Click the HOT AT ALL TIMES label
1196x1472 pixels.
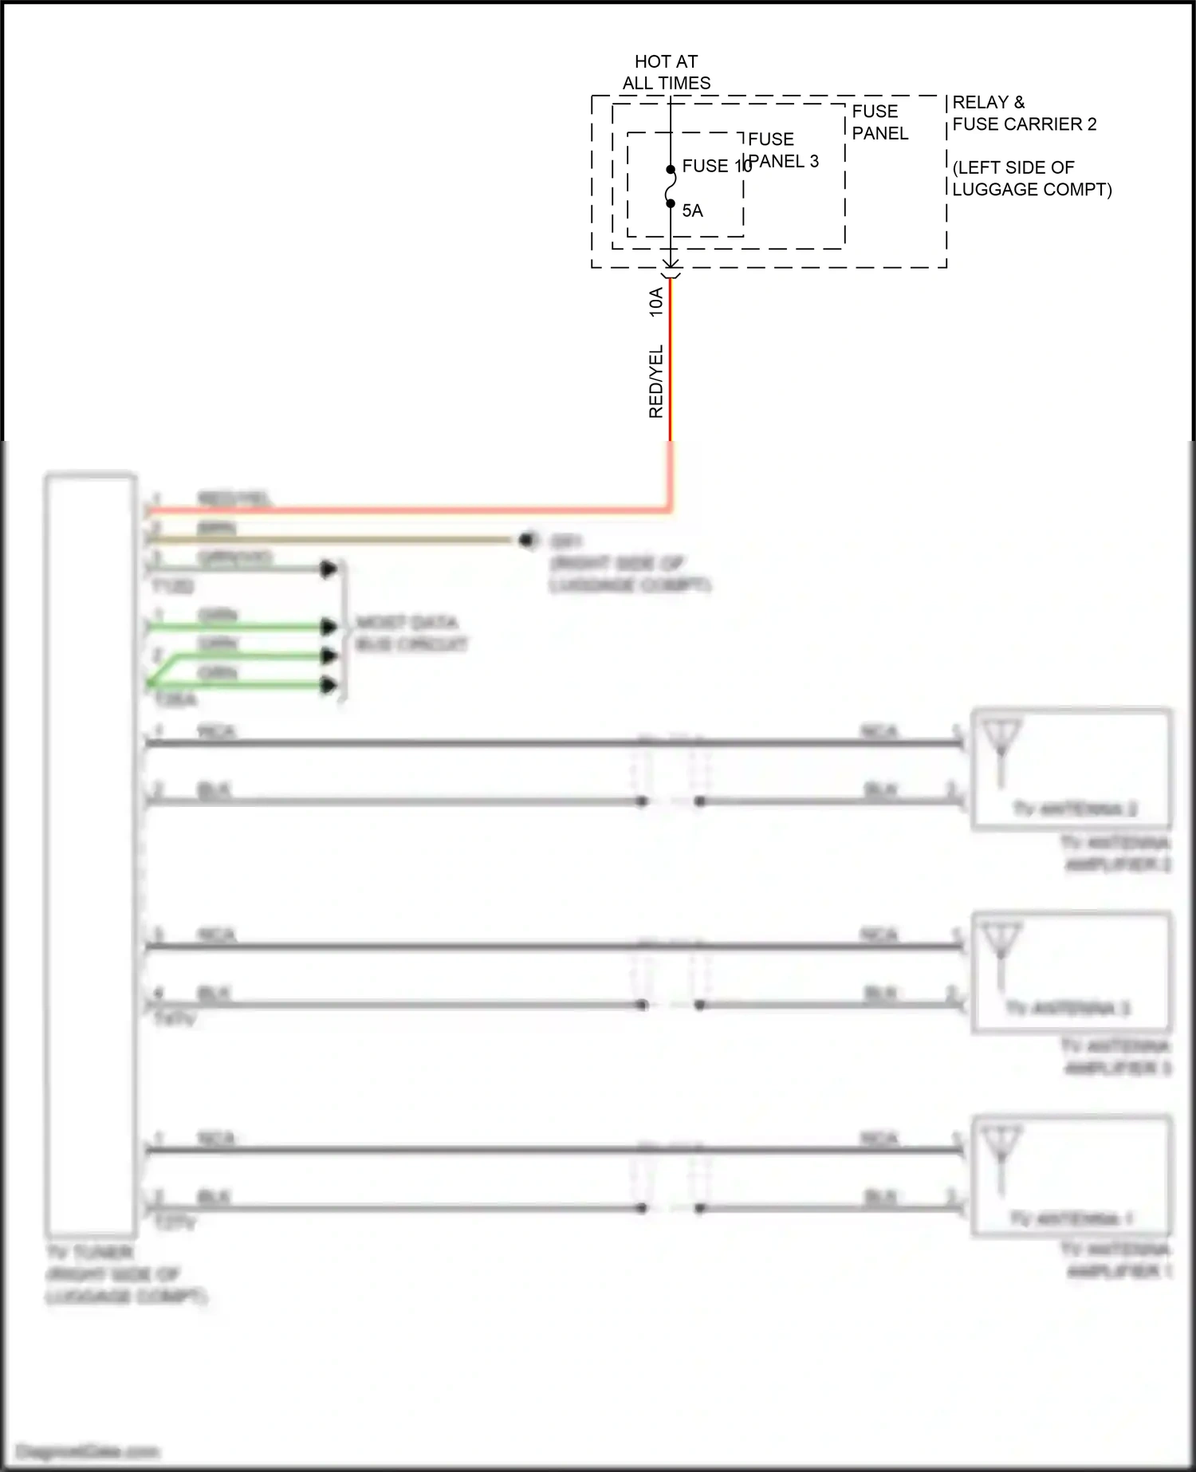(x=667, y=73)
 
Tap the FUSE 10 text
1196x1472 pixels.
(x=715, y=166)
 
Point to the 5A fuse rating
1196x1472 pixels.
(x=692, y=211)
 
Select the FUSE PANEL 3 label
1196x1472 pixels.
(x=782, y=150)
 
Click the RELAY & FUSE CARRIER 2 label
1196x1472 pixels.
(x=1024, y=113)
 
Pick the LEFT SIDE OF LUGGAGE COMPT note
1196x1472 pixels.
(x=1031, y=179)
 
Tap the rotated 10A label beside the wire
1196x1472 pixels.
(x=656, y=302)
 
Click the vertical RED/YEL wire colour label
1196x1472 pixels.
(x=656, y=381)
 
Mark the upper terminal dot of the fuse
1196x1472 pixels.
(x=671, y=169)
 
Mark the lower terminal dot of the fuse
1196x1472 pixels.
(x=671, y=203)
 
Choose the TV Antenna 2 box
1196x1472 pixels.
(x=1072, y=769)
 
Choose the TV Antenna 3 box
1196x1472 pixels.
(x=1072, y=972)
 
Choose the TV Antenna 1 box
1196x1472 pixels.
(x=1072, y=1176)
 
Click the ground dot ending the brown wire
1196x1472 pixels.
(x=525, y=540)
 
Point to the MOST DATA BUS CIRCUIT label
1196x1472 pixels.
(x=411, y=633)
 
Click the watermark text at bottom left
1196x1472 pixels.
(x=88, y=1451)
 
